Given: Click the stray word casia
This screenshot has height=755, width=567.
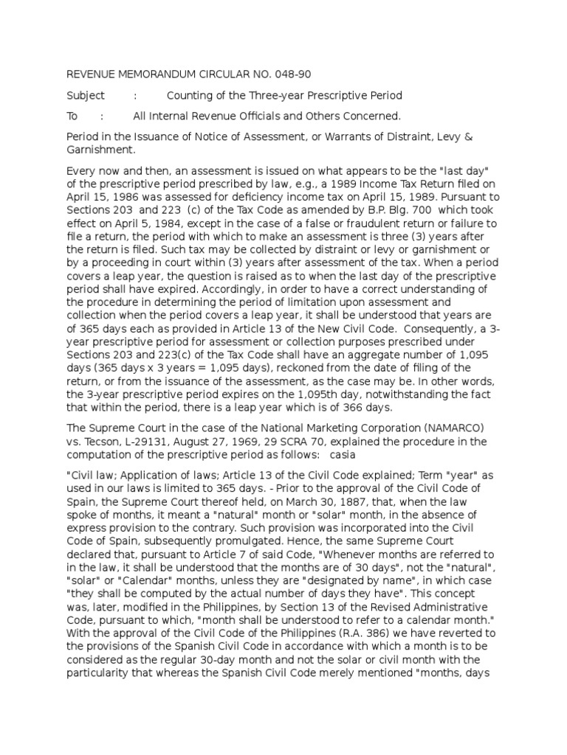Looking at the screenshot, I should click(343, 455).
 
